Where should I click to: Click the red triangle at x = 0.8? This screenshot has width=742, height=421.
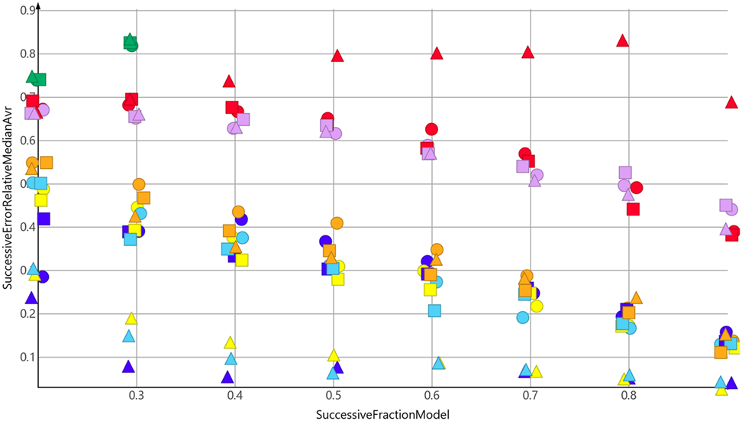tap(622, 40)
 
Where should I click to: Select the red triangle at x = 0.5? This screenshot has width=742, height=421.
tap(337, 56)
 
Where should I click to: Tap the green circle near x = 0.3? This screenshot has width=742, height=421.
tap(131, 46)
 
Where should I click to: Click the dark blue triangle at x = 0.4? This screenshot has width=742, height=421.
tap(227, 377)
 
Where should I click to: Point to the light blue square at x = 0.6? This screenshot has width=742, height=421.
tap(434, 311)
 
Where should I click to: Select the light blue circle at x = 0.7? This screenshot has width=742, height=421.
tap(523, 317)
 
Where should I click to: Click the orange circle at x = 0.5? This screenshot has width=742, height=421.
tap(337, 223)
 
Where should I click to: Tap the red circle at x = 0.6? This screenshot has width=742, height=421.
tap(431, 129)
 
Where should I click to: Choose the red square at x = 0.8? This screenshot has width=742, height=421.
tap(633, 209)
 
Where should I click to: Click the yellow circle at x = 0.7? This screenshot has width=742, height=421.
tap(537, 306)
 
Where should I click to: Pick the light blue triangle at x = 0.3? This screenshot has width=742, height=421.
tap(129, 336)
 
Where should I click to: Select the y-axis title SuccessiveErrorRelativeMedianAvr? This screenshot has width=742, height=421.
tap(8, 198)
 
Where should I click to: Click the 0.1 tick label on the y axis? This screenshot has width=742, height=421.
tap(27, 357)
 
